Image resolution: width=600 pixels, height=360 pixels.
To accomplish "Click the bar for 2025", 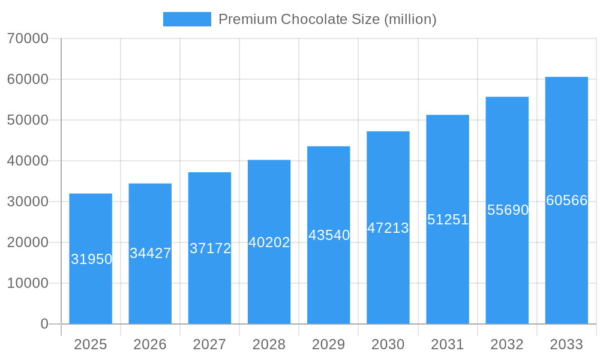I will (91, 288).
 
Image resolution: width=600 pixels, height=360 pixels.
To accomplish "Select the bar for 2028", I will (269, 282).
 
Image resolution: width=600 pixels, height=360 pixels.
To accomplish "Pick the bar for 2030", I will (388, 276).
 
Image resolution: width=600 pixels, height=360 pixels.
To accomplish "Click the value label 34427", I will (151, 253).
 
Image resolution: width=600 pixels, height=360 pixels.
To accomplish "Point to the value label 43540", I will (329, 235).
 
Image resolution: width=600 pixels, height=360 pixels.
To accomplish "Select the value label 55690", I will (508, 210).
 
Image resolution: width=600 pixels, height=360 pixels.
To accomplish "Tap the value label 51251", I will (448, 220).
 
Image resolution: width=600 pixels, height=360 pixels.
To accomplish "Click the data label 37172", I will (210, 248).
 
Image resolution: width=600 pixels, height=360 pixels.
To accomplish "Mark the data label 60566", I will (566, 200).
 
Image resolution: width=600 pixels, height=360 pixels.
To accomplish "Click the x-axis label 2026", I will (150, 344).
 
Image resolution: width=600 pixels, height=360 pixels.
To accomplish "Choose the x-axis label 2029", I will (329, 344).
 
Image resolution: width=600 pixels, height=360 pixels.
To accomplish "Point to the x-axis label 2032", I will (507, 344).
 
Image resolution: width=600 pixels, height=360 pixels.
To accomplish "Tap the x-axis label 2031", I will (448, 344).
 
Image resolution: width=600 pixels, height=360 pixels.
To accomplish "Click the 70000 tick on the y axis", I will (28, 38).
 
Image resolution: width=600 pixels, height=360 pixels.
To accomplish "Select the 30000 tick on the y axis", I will (28, 202).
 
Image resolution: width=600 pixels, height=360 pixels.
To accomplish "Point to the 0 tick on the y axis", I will (44, 324).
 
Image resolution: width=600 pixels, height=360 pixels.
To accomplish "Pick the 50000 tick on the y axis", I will (28, 120).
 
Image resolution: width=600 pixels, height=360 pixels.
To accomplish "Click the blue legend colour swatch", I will (187, 19).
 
